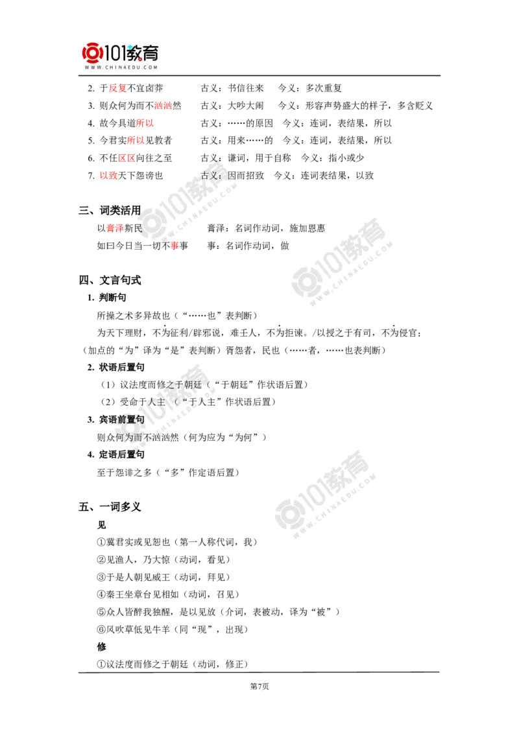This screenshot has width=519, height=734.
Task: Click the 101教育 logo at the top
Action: [121, 56]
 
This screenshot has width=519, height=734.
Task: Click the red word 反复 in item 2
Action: [117, 88]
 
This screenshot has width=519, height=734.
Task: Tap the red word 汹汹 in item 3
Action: [163, 106]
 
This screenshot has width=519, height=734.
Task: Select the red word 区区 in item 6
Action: [127, 158]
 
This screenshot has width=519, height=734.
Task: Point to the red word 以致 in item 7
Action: [108, 176]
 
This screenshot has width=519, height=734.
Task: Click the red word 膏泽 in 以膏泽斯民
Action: [115, 228]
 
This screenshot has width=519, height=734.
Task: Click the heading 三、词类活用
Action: [110, 211]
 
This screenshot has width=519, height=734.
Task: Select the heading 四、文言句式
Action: [110, 280]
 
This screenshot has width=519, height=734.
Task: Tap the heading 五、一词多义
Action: [110, 507]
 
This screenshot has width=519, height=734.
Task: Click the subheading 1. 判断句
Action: [106, 298]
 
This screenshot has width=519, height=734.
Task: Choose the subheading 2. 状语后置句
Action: [115, 368]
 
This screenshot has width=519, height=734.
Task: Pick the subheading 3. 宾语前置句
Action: [115, 420]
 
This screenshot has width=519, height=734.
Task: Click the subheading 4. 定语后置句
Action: [115, 455]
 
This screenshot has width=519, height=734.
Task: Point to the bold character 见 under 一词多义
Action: [102, 525]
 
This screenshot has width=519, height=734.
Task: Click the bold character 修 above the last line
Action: [102, 647]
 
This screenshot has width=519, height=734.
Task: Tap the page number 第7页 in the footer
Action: [259, 687]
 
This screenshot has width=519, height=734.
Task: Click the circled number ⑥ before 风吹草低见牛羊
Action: [102, 630]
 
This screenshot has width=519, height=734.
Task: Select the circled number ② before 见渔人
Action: [102, 560]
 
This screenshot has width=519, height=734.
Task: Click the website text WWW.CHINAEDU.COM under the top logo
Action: [121, 67]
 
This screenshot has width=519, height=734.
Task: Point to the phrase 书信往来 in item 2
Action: [246, 88]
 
